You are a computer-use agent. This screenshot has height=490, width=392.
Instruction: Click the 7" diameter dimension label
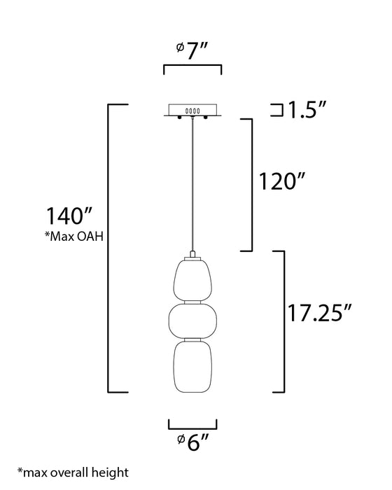192,50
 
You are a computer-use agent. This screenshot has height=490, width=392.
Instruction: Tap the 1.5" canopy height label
307,110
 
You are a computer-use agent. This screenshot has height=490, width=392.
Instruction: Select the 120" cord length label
281,181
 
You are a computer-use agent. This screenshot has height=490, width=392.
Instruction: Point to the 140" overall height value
69,216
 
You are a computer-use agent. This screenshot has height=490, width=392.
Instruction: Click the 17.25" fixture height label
319,313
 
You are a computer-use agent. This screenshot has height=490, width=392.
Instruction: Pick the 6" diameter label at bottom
192,442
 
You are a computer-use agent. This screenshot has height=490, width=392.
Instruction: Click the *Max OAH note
73,237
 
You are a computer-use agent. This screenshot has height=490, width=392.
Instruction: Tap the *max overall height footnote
73,472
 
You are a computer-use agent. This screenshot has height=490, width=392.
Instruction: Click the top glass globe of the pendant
192,280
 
